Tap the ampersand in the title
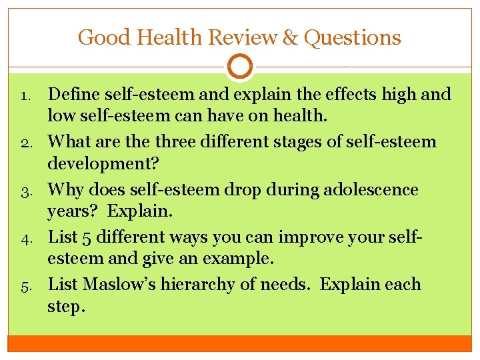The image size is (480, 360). (x=290, y=37)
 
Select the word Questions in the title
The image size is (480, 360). (x=353, y=37)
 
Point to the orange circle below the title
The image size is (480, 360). (x=240, y=67)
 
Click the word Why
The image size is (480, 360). (x=66, y=189)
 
